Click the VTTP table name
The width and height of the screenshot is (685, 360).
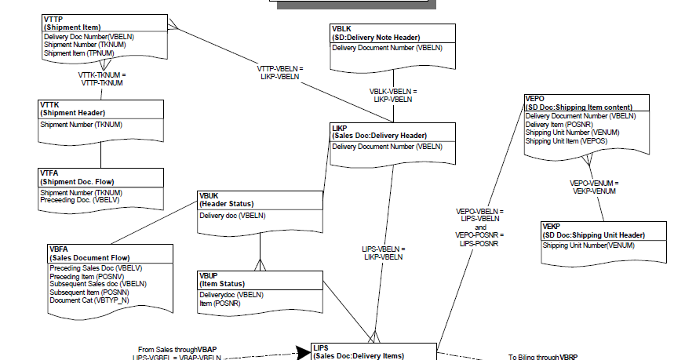[x=54, y=19]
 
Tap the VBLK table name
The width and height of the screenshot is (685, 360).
[x=342, y=28]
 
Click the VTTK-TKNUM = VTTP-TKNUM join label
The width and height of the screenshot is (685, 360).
[x=102, y=79]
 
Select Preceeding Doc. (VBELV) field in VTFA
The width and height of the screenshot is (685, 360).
[x=79, y=200]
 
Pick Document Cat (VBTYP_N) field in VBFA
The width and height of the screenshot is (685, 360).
[x=89, y=300]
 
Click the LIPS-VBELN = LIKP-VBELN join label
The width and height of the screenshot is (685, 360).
[x=384, y=253]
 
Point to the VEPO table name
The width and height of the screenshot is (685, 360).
[x=535, y=98]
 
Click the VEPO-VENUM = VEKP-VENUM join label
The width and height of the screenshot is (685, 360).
[x=593, y=187]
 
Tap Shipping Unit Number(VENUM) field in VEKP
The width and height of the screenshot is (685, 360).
[x=588, y=245]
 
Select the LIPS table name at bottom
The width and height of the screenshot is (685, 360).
[x=321, y=347]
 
